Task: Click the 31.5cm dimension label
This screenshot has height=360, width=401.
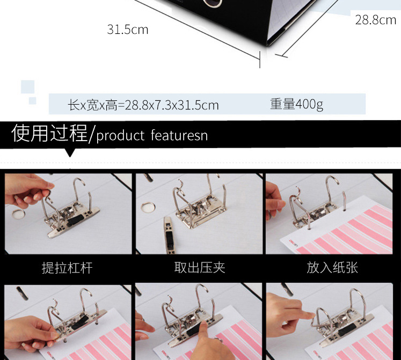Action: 127,30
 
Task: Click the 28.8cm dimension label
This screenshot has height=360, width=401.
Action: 375,20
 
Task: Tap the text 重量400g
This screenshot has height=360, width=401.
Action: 296,104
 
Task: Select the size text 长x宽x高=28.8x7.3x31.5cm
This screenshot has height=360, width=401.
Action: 143,105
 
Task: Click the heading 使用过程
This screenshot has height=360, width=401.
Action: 49,133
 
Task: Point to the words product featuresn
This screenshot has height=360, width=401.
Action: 152,135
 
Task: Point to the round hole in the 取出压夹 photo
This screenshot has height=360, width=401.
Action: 148,205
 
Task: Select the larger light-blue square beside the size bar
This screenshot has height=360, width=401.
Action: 27,87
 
